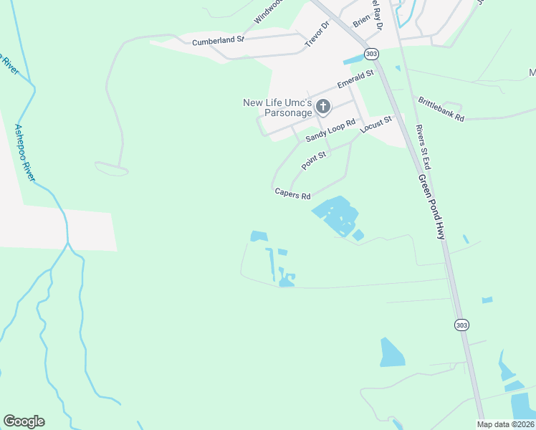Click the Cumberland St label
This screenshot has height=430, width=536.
click(219, 42)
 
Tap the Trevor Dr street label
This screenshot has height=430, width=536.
click(316, 34)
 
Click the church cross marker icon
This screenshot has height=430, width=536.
click(323, 107)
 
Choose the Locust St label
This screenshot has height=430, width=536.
click(377, 124)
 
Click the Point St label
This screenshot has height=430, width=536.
click(314, 160)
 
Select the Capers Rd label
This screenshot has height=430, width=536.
click(292, 193)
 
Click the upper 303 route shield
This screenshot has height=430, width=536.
click(370, 54)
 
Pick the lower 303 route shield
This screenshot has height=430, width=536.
click(461, 325)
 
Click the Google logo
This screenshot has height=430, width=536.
click(24, 421)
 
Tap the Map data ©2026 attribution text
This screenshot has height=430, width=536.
click(505, 424)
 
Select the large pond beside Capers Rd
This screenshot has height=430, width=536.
click(335, 214)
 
